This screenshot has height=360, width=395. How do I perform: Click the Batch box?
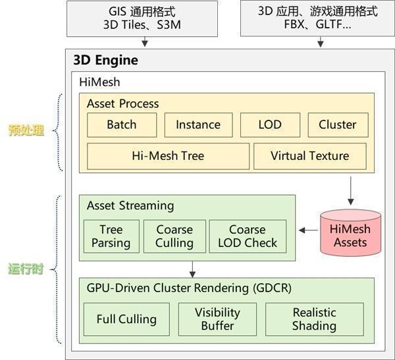point(121,124)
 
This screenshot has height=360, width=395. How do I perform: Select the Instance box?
point(197,124)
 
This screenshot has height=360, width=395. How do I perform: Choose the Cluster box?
point(337,124)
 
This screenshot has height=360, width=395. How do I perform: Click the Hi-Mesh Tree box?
point(168,156)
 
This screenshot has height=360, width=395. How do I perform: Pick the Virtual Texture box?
point(309,156)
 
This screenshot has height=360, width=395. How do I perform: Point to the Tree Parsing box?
point(111,236)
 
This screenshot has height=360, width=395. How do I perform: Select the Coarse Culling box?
point(174,236)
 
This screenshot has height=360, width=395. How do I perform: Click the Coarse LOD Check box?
point(248,236)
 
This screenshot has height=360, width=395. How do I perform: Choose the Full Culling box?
point(126,319)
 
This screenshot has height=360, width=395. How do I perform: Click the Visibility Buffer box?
point(217,319)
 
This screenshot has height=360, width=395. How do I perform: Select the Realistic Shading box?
point(314,319)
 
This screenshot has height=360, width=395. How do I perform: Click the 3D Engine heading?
point(105,61)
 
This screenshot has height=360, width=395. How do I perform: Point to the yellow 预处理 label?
point(26,130)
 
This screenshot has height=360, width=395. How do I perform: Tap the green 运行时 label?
point(26,269)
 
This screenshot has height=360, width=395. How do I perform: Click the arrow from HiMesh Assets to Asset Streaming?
point(307,230)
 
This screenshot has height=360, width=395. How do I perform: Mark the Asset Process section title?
point(122,103)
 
